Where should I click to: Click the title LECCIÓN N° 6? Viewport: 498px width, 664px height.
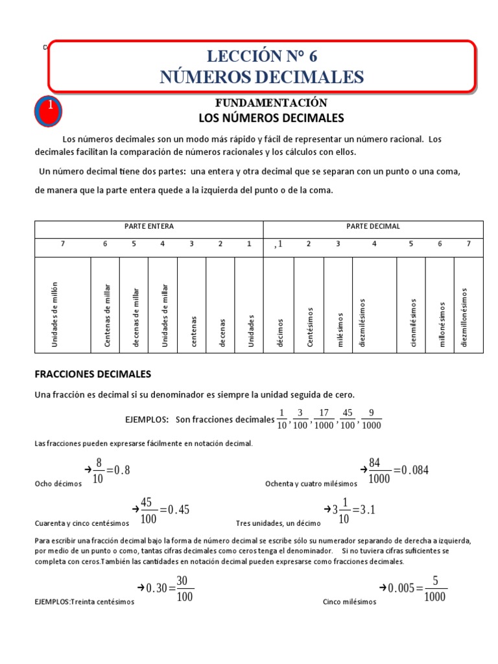262,55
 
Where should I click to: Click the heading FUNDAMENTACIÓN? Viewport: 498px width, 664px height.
271,103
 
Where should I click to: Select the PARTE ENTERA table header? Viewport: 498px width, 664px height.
149,226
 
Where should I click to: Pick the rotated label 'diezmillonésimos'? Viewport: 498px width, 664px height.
464,317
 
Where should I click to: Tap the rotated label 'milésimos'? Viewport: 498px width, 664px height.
339,328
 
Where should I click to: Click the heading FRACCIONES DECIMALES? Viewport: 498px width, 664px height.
92,374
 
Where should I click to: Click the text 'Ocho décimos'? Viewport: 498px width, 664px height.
58,484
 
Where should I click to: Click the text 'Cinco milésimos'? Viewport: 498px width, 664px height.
349,602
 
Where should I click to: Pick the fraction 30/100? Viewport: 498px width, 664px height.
185,589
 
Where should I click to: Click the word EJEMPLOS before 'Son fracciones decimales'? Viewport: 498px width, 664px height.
147,420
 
